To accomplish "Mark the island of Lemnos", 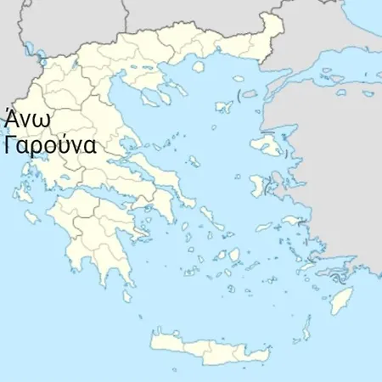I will point(223,106).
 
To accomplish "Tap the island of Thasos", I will point(199,65).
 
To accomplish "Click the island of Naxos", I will point(235,255).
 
